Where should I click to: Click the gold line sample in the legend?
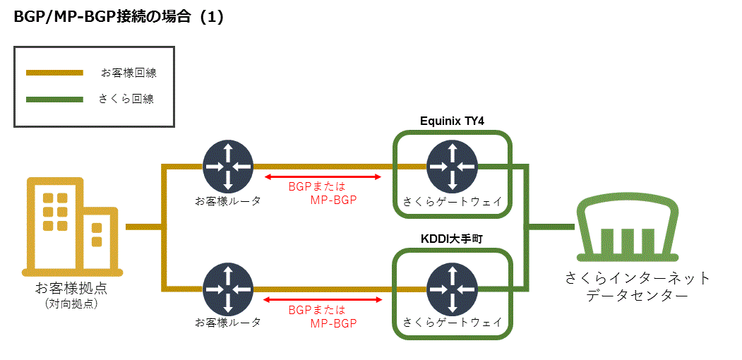click(55, 73)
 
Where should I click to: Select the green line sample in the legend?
click(55, 99)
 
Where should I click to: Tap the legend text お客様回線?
click(128, 73)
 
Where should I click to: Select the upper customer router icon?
click(227, 166)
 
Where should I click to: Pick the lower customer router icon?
click(227, 287)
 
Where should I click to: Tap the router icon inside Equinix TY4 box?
click(452, 166)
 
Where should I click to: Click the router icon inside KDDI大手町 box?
click(452, 287)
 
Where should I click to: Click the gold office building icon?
click(75, 226)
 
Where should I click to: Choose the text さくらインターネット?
click(638, 277)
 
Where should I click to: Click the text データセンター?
click(637, 296)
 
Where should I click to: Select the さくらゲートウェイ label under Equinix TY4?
click(452, 202)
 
